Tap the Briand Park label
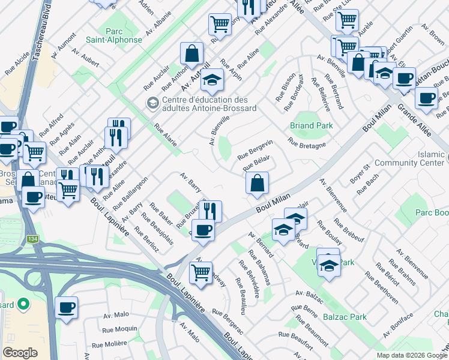coord(311,126)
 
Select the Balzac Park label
coord(345,317)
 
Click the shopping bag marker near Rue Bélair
coord(257,184)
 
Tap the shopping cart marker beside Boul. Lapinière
coord(201,273)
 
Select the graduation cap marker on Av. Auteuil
coord(212,79)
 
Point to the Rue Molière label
coord(110,344)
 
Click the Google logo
coord(20,353)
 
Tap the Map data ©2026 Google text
coord(411,355)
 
